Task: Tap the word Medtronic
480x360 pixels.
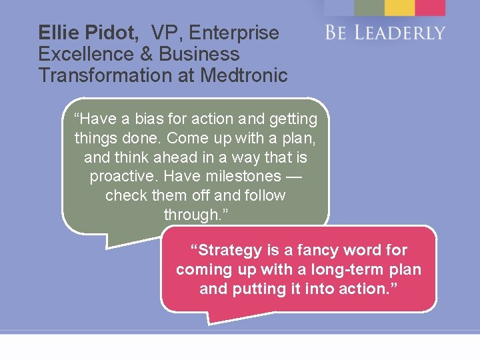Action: (246, 75)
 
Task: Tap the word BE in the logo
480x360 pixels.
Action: (337, 33)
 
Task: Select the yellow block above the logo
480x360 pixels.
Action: (399, 7)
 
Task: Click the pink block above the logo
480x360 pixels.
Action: (430, 7)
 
